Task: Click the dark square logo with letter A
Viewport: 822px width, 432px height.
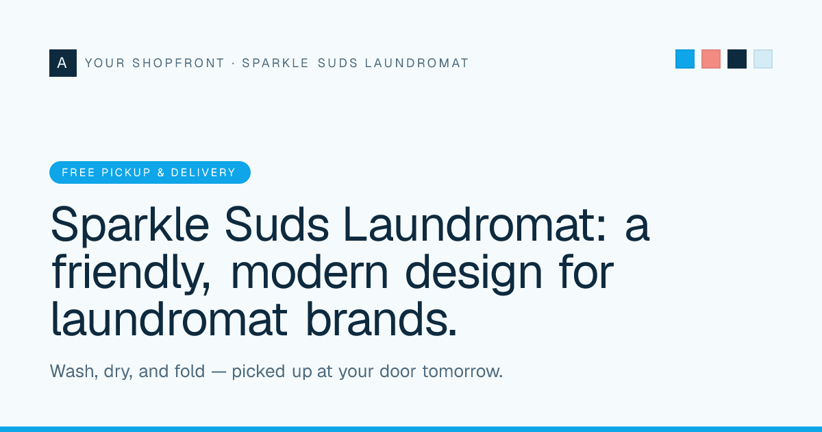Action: click(63, 63)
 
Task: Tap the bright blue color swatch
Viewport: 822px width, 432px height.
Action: click(685, 59)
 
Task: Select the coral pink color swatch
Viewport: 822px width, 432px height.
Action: click(711, 59)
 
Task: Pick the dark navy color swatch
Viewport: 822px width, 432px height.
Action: click(737, 59)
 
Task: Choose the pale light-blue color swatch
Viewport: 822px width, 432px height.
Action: click(763, 59)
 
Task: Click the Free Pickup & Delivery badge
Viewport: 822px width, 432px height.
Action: click(150, 172)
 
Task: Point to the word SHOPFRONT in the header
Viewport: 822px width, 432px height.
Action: click(178, 63)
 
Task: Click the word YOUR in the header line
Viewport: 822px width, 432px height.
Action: click(105, 63)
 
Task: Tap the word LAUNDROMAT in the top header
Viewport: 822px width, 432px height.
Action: click(417, 63)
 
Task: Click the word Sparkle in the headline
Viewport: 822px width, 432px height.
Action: click(130, 225)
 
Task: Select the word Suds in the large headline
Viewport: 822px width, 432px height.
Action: click(277, 224)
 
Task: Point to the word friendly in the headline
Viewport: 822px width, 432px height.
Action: click(131, 274)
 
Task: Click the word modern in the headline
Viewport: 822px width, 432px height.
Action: click(310, 272)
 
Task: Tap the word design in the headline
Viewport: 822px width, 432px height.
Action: click(473, 274)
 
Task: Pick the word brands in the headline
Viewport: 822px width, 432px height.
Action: click(382, 319)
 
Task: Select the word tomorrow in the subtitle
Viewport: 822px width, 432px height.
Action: click(462, 372)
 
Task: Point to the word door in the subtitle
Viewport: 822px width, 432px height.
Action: click(398, 371)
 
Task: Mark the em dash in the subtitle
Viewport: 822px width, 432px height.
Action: click(219, 372)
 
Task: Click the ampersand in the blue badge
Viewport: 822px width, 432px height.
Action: click(161, 172)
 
